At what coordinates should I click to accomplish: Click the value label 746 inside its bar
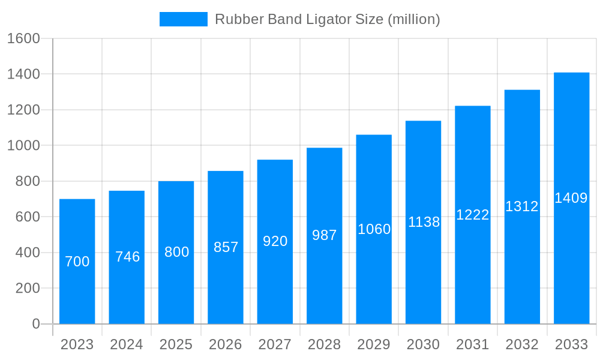point(127,257)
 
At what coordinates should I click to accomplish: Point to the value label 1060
point(374,229)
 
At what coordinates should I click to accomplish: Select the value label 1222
point(473,215)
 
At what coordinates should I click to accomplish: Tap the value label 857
point(226,247)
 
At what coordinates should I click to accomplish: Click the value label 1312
point(522,206)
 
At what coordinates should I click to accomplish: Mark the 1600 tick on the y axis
point(23,38)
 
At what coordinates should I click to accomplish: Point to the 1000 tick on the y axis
point(23,146)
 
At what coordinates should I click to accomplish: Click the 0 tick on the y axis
point(35,324)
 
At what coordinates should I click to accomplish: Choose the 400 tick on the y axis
point(28,253)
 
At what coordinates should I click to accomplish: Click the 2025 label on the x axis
point(176,344)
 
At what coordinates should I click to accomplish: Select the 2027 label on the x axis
point(275,344)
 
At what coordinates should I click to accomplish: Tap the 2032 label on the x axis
point(522,344)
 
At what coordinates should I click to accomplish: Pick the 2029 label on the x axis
point(374,344)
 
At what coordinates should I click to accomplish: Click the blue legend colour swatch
point(183,19)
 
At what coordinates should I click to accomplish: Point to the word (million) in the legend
point(414,19)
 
